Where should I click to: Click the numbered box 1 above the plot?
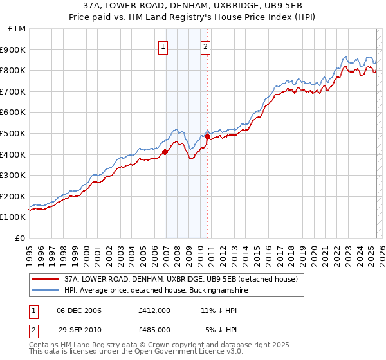pos(163,46)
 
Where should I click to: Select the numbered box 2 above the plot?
pos(205,46)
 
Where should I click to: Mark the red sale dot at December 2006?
pos(165,152)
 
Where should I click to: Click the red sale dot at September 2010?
pos(207,136)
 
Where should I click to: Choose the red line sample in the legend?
pos(46,280)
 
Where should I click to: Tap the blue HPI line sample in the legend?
pos(46,291)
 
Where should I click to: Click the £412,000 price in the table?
pos(154,310)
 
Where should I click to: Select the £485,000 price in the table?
pos(154,329)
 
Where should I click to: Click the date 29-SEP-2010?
pos(79,329)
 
